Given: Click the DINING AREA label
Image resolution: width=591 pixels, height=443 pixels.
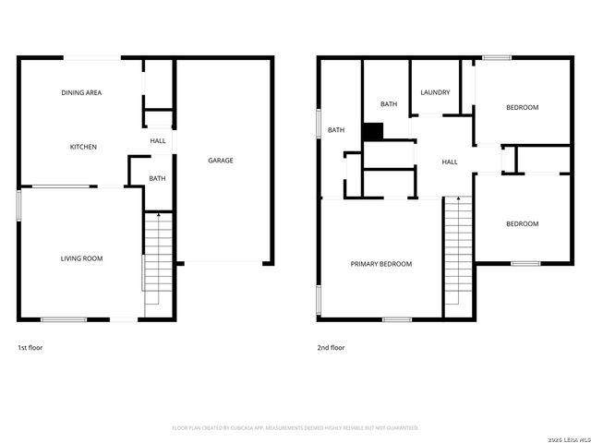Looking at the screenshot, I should click(81, 93).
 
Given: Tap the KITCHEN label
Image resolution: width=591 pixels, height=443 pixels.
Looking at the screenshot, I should click(83, 148).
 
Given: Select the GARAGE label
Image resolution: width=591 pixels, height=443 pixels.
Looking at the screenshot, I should click(220, 161).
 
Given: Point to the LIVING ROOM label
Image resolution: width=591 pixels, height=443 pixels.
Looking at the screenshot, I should click(81, 258).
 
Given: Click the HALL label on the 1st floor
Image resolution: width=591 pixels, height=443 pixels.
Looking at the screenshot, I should click(158, 141).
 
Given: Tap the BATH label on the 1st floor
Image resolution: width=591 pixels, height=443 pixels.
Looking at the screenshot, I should click(158, 179).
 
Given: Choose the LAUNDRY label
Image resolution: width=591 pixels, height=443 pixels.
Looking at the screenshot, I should click(435, 92).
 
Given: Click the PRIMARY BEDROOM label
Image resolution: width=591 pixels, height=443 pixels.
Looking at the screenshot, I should click(380, 264).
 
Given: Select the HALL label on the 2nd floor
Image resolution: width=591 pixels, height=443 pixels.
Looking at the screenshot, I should click(450, 162).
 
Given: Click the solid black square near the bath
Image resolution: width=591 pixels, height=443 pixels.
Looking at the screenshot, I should click(372, 132).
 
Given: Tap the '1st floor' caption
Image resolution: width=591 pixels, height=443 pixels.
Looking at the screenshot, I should click(30, 348).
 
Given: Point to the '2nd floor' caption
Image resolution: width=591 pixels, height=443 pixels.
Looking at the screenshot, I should click(331, 348).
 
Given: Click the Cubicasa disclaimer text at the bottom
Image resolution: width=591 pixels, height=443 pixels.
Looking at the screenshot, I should click(295, 428).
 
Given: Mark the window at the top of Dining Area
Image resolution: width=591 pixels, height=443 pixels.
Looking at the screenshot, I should click(92, 58).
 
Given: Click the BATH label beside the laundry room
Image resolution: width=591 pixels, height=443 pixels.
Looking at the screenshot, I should click(389, 104).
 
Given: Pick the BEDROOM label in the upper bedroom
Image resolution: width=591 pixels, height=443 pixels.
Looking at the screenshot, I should click(522, 108).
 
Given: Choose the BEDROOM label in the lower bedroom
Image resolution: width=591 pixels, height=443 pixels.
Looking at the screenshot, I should click(522, 224).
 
